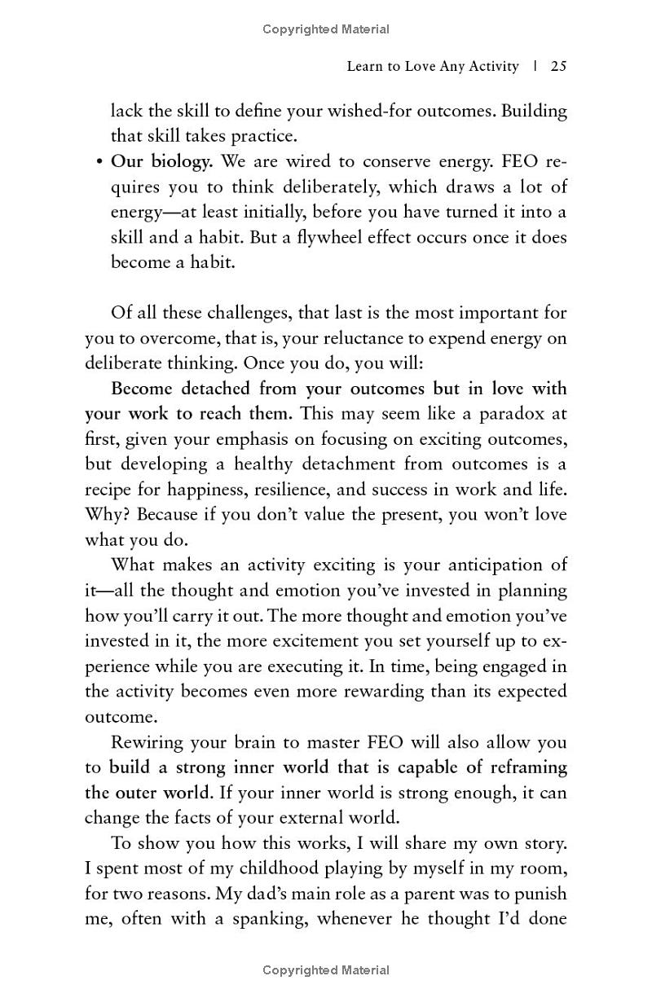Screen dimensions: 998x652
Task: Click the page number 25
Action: coord(558,67)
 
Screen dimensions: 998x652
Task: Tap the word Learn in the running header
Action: coord(365,67)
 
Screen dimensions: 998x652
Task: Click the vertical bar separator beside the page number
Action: coord(535,67)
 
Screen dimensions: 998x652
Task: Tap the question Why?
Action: coord(107,515)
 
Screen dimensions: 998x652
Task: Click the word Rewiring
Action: coord(148,742)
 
